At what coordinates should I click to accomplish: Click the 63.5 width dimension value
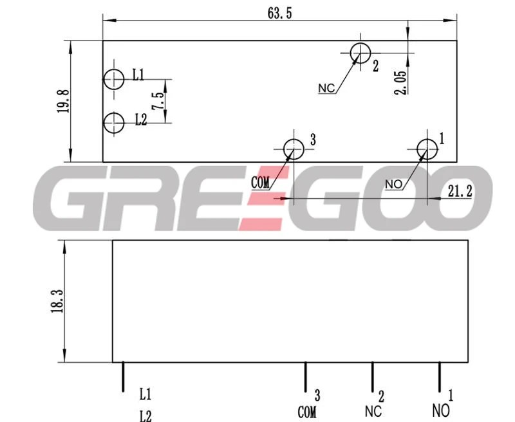[280, 13]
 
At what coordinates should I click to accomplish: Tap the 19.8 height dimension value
[63, 102]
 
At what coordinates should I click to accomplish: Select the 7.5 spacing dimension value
[157, 101]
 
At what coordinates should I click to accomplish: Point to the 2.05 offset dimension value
[400, 82]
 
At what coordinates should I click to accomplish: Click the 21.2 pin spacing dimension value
[460, 191]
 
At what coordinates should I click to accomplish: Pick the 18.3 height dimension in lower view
[57, 300]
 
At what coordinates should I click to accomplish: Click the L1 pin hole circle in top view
[114, 79]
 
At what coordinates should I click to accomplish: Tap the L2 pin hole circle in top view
[114, 123]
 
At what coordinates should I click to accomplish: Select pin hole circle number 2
[360, 53]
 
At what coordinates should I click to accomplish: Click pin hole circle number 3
[294, 149]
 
